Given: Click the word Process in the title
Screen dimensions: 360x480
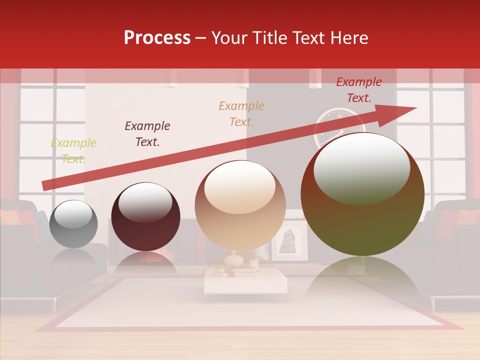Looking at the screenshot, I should (157, 38).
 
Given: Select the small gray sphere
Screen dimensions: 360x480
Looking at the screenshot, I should (73, 223).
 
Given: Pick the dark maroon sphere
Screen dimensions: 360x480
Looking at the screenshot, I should (145, 217).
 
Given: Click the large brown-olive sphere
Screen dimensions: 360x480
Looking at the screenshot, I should (362, 195).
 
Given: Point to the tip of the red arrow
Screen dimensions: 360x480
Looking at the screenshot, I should (415, 108).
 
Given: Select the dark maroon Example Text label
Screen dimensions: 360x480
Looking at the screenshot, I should (147, 134).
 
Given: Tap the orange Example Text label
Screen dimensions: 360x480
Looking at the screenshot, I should (241, 113).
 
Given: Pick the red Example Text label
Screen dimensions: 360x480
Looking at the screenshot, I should (359, 90).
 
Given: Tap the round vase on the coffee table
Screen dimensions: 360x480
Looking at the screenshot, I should (234, 259).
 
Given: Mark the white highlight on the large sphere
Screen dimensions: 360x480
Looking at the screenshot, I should (361, 167).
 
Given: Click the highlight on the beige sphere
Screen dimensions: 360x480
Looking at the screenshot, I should (240, 186).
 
